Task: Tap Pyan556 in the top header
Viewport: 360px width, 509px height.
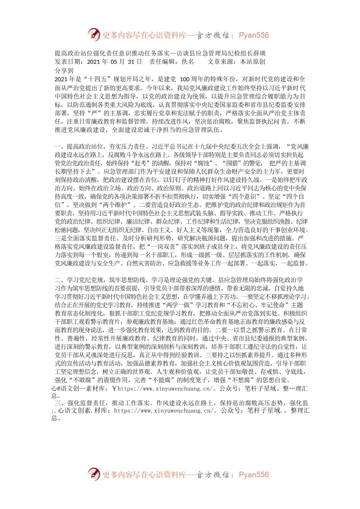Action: click(254, 36)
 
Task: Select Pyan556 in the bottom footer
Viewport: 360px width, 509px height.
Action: click(254, 475)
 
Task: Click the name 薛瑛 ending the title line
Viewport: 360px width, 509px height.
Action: click(260, 53)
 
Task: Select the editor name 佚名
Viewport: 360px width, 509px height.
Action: click(188, 62)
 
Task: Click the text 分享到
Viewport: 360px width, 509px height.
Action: click(64, 70)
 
